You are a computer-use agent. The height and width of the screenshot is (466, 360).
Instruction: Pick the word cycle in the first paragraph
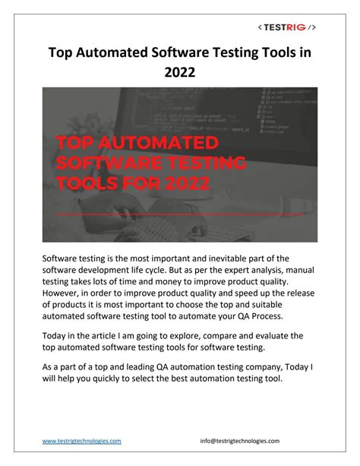pos(173,273)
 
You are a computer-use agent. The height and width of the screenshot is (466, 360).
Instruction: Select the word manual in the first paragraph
pos(297,273)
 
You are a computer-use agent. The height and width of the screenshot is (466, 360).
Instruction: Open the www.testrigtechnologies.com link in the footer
pos(81,441)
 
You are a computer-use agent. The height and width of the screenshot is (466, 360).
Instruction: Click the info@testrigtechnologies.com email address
pos(240,441)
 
